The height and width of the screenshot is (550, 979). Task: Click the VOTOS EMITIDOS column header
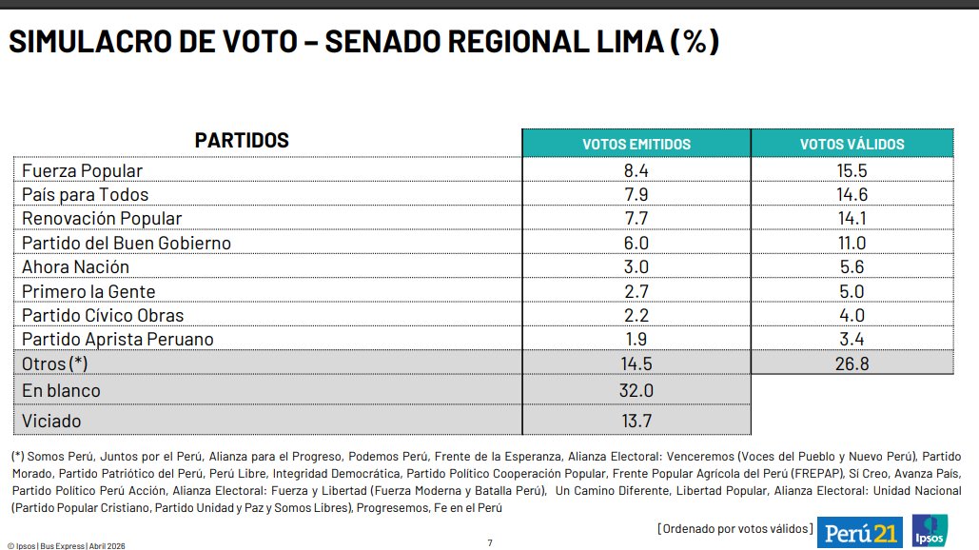click(x=636, y=144)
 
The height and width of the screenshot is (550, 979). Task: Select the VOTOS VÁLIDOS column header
click(x=852, y=144)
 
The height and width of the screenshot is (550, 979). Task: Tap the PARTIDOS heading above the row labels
click(x=242, y=141)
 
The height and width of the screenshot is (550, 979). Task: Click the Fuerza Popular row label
click(x=82, y=170)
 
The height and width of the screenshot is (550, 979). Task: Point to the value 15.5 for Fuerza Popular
click(x=852, y=170)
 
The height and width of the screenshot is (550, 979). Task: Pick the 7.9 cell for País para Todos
click(x=636, y=195)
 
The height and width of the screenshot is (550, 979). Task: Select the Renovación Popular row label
click(x=102, y=219)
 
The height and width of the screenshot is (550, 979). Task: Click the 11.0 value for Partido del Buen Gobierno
click(x=852, y=243)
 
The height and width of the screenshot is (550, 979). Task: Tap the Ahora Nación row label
click(x=75, y=267)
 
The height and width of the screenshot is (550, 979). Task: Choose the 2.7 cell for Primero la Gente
click(x=636, y=291)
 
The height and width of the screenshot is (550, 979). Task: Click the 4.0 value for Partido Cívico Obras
click(x=852, y=315)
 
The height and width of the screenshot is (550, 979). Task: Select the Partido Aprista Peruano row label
click(x=117, y=339)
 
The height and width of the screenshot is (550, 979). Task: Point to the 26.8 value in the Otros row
click(x=852, y=363)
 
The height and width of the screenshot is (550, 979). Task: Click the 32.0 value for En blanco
click(x=636, y=391)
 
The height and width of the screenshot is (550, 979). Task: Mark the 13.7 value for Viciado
click(x=636, y=420)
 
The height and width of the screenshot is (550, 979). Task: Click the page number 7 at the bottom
click(x=490, y=542)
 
